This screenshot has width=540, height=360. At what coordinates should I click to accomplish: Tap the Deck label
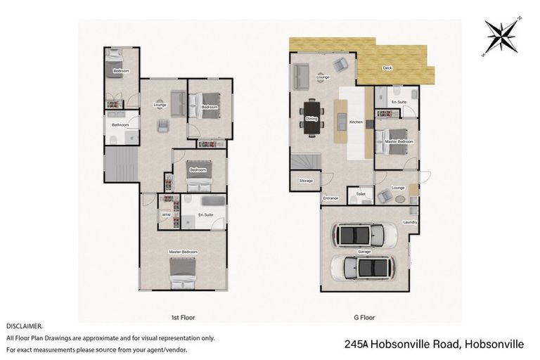point(387,68)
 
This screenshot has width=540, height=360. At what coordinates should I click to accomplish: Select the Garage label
point(364,251)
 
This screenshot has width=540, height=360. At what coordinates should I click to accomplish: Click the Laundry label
point(410,222)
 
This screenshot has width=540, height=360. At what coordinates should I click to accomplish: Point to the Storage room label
point(306,181)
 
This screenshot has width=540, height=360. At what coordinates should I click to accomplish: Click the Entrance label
point(330,198)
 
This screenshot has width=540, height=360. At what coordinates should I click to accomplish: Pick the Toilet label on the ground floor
point(361,193)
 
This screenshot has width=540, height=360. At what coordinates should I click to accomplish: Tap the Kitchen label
point(356,122)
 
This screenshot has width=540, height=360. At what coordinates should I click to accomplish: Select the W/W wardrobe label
point(167,214)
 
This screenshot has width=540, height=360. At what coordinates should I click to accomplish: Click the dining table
point(312,118)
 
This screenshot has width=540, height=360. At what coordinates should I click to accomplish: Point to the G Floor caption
point(362,318)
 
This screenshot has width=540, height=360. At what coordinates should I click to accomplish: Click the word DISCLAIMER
point(25,326)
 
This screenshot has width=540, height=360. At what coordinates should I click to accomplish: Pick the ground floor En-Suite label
point(399,102)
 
